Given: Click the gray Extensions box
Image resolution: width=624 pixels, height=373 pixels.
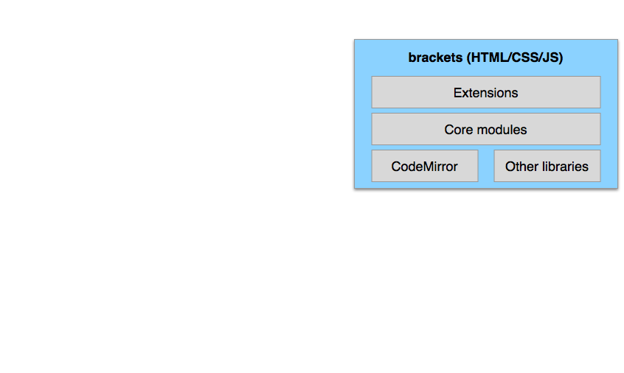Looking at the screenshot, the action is click(486, 92).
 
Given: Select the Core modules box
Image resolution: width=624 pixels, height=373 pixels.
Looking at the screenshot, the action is click(486, 129).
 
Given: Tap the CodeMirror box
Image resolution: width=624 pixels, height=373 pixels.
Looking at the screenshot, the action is click(425, 166).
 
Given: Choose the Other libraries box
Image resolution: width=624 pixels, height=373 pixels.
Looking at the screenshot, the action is click(547, 166).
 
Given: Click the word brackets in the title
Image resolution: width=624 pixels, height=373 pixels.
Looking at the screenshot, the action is click(435, 57).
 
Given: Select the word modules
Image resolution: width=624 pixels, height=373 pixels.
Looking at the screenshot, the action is click(502, 130).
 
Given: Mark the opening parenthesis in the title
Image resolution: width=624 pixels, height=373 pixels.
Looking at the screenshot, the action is click(469, 57).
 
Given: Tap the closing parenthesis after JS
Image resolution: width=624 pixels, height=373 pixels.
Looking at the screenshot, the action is click(561, 57).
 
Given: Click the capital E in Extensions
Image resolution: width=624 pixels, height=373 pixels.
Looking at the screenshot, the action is click(457, 93).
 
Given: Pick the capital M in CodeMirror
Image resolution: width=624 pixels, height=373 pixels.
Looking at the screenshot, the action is click(431, 166).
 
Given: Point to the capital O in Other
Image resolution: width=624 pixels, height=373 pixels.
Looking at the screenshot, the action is click(510, 166).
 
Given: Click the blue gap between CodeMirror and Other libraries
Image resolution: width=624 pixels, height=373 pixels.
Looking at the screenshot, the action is click(486, 166).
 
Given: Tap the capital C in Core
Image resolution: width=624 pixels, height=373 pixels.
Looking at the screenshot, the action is click(449, 130).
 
